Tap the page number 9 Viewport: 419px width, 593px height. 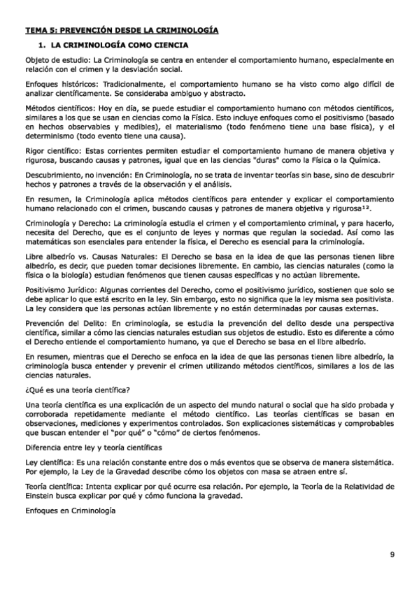pos(392,554)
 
